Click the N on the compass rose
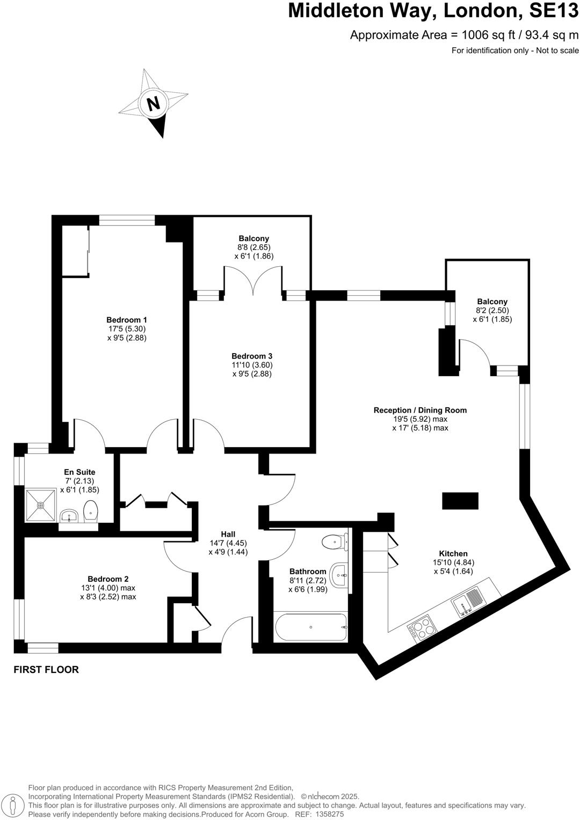tap(154, 103)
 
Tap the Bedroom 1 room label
tap(127, 320)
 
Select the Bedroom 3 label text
tap(252, 356)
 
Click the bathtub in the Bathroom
tap(310, 627)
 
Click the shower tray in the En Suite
tap(41, 505)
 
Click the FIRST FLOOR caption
tap(46, 670)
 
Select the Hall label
tap(228, 534)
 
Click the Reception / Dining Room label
tap(420, 410)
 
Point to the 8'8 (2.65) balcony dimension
tap(254, 247)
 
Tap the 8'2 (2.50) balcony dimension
tap(492, 310)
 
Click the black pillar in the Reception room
tap(460, 501)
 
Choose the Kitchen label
tap(453, 553)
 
